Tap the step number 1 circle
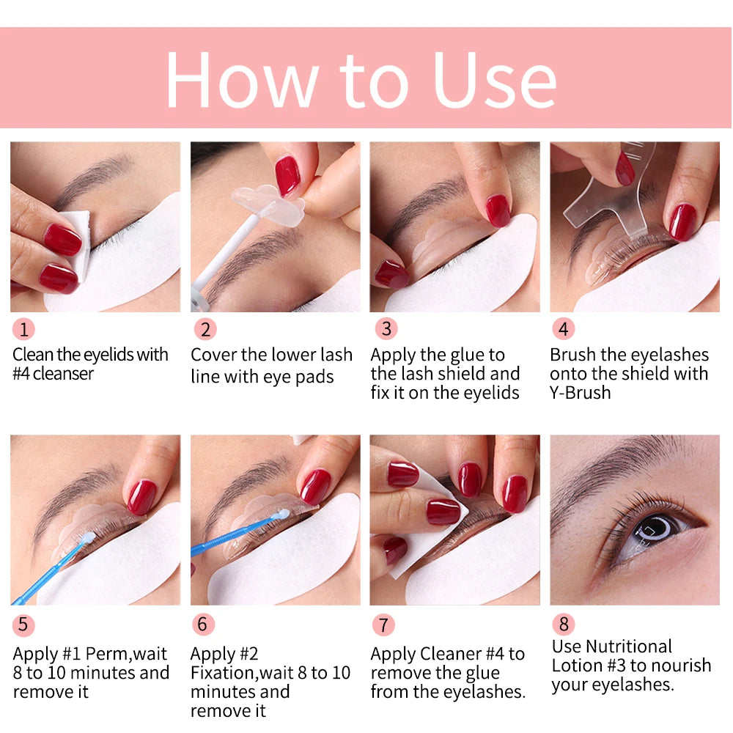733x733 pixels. pyautogui.click(x=23, y=329)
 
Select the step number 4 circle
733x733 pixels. pyautogui.click(x=563, y=329)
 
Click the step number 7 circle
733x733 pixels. pyautogui.click(x=383, y=625)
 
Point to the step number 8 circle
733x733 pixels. pyautogui.click(x=563, y=624)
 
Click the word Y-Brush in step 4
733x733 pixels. pyautogui.click(x=580, y=393)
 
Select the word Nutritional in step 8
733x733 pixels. pyautogui.click(x=628, y=647)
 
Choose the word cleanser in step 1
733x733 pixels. pyautogui.click(x=62, y=374)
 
